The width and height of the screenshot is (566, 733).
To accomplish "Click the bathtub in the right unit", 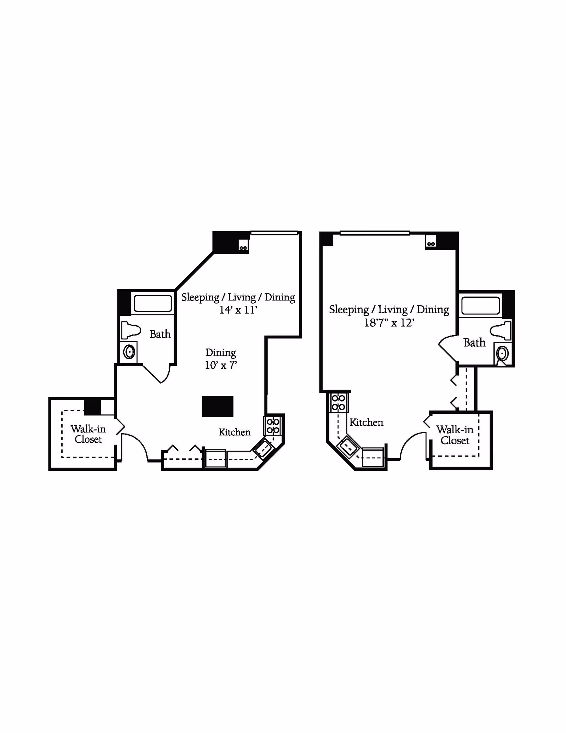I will point(480,306).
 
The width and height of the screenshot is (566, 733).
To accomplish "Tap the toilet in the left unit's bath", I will point(130,330).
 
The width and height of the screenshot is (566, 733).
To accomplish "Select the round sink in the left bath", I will point(129,352).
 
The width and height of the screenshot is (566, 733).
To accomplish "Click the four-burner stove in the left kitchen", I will point(273,426).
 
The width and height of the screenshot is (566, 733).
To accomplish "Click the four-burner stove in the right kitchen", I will point(338,403).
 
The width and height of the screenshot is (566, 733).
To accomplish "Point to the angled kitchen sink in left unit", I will point(264,448).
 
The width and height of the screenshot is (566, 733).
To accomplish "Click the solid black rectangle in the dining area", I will point(218,406).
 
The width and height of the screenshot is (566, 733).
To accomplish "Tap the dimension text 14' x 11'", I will point(238,310).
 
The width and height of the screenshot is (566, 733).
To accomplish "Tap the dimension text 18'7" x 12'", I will point(389,323).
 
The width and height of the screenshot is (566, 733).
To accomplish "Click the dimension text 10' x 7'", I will point(220,365).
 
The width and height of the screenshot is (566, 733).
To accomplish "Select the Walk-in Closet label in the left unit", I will point(88,434).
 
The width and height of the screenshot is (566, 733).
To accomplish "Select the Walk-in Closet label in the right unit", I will point(455,435).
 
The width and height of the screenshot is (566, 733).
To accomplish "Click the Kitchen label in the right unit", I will point(366,422).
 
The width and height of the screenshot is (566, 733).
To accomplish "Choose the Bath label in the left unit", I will point(160,334).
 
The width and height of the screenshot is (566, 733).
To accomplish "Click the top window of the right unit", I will point(375,233).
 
